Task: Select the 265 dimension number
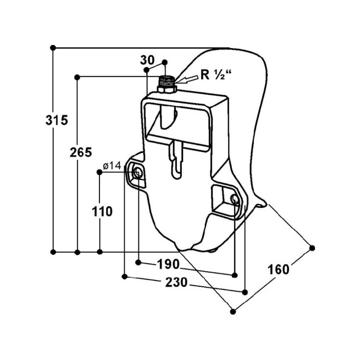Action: click(81, 152)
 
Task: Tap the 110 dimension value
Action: click(102, 211)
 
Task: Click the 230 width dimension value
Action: click(176, 282)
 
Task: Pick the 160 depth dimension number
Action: click(278, 270)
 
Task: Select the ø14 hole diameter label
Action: click(112, 166)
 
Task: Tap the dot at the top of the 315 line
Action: click(53, 47)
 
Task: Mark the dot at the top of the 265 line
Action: click(77, 77)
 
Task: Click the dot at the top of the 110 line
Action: click(100, 171)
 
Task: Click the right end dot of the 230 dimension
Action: click(245, 292)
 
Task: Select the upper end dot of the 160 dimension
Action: click(312, 248)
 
